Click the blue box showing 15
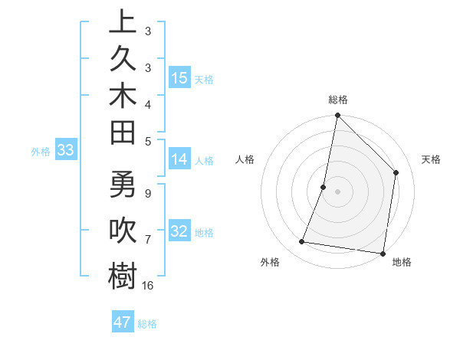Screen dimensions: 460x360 pos(179,78)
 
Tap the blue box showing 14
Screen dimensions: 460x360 pos(179,160)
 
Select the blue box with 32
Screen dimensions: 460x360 pos(179,232)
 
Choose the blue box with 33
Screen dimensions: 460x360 pos(66,151)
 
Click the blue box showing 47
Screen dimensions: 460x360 pos(123,322)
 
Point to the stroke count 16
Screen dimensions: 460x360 pos(148,285)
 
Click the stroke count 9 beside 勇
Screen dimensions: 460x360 pos(148,193)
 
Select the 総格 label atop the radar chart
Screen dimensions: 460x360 pos(337,100)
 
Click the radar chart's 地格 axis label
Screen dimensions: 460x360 pos(402,263)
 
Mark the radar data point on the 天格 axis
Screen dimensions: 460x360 pos(396,172)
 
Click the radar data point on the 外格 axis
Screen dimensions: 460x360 pos(302,242)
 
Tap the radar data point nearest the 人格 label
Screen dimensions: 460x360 pos(324,187)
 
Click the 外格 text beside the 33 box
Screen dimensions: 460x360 pos(41,152)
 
